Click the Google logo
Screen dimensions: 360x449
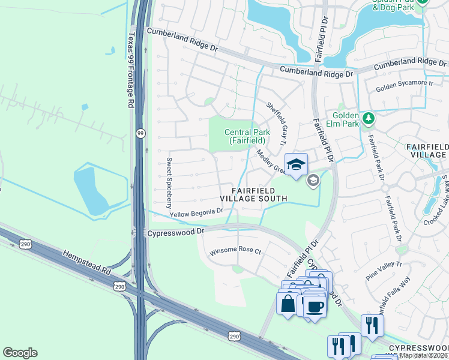tap(20, 353)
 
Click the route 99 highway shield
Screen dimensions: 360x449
tap(140, 133)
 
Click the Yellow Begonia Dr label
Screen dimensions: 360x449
tap(196, 212)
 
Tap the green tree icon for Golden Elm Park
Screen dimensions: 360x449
tap(368, 118)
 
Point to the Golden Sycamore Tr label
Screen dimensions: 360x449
tap(404, 88)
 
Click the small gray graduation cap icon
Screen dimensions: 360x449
tap(313, 180)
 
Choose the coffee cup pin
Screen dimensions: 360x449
tap(314, 307)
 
